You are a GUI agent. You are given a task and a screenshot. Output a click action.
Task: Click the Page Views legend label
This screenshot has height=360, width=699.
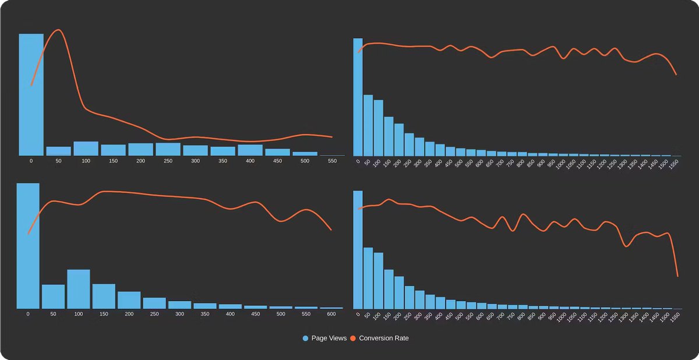coord(329,338)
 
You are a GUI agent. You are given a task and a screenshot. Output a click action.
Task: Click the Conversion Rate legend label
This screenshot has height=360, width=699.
coord(384,338)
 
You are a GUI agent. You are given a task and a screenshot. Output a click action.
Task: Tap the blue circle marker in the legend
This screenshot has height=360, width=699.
coord(306,338)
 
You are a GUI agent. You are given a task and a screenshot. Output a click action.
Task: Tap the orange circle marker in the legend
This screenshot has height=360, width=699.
coord(353,338)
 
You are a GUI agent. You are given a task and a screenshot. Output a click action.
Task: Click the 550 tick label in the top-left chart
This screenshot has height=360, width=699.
coord(332,161)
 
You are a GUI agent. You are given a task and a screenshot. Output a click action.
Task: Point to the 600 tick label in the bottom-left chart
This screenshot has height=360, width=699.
coord(331,313)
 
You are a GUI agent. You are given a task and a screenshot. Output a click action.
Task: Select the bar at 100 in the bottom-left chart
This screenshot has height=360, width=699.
coord(79,289)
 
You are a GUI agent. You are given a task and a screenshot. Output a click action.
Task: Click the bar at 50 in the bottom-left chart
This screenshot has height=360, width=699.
coord(53,297)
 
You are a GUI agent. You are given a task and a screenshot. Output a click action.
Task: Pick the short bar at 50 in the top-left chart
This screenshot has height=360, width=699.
coord(58,151)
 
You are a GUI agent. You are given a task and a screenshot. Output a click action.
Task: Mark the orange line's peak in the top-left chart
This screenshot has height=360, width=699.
coord(58,30)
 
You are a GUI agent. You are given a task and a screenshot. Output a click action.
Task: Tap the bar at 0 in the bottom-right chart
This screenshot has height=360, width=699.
coord(358,249)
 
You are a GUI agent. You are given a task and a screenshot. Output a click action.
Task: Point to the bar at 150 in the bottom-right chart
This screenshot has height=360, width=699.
coord(389,289)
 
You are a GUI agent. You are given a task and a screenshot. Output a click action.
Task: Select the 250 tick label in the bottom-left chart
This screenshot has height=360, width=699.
coord(154,313)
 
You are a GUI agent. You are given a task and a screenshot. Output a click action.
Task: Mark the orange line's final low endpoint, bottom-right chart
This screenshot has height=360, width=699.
coord(677,276)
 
